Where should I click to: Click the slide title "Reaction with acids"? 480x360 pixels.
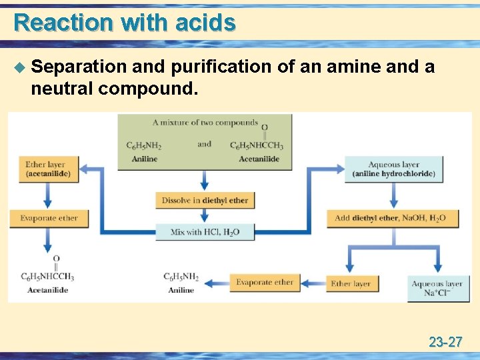pos(125,23)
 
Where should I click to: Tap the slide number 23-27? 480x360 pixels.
pos(445,343)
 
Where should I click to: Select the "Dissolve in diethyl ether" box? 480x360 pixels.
pos(205,200)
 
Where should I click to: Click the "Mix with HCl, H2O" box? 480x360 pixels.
pos(205,232)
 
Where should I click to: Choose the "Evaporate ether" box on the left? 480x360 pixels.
pos(49,218)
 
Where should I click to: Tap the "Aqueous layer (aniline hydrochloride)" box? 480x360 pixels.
pos(393,169)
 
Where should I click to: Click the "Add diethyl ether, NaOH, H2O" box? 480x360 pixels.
pos(389,218)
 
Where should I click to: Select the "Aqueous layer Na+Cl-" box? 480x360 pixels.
pos(436,288)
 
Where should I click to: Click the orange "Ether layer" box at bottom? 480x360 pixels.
pos(351,283)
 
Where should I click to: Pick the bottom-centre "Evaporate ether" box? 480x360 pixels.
pos(264,283)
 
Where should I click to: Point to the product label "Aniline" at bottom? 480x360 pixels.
pos(181,290)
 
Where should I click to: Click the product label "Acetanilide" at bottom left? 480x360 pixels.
pos(47,290)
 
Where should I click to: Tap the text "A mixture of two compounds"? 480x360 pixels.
pos(205,122)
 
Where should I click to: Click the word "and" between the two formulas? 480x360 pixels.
pos(204,144)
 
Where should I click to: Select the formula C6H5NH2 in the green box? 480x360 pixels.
pos(144,146)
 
